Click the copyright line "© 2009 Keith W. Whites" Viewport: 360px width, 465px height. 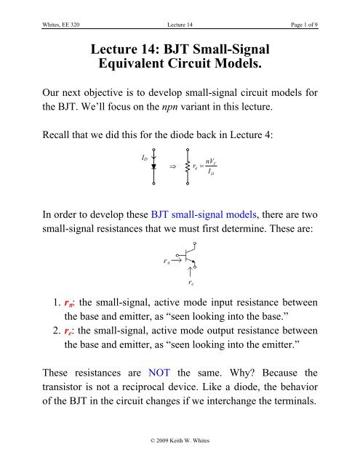click(180, 455)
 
